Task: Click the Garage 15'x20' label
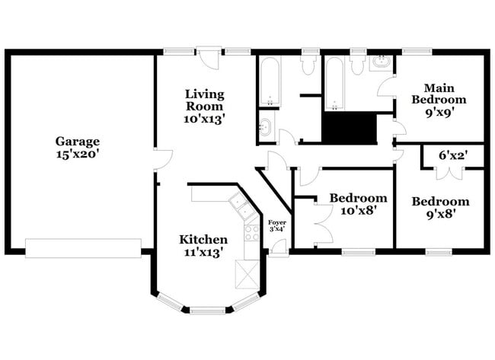(77, 147)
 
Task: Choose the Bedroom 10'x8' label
(353, 204)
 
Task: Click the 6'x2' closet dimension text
(452, 155)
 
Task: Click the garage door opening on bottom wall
(83, 247)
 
